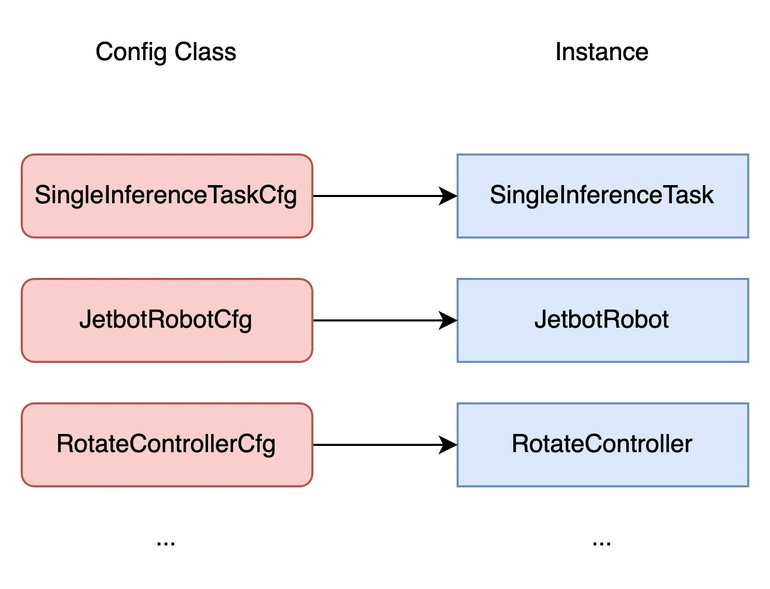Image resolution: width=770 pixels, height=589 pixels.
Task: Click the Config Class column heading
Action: click(166, 52)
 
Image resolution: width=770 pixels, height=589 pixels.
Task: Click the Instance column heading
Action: click(601, 52)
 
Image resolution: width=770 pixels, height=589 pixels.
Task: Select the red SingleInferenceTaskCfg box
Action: click(167, 196)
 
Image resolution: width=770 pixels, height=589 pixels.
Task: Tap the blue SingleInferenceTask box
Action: click(602, 196)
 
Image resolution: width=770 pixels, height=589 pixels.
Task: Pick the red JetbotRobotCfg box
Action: click(167, 320)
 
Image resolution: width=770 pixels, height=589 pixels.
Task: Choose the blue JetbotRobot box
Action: click(602, 320)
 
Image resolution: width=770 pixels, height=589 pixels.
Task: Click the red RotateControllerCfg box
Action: click(167, 445)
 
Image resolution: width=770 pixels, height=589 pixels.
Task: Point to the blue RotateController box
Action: click(602, 445)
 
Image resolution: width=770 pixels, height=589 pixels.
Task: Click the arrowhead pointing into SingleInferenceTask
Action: click(448, 196)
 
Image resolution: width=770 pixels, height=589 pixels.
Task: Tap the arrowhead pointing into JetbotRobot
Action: click(448, 320)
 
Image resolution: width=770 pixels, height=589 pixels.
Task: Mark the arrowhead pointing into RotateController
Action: click(448, 445)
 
